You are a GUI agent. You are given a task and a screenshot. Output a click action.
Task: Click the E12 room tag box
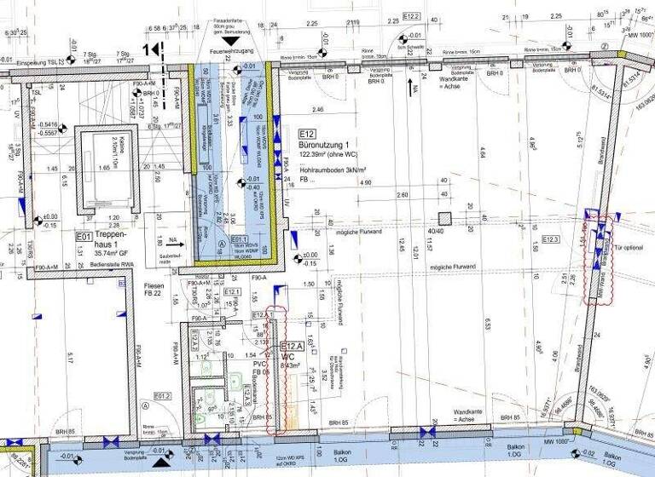pyautogui.click(x=307, y=135)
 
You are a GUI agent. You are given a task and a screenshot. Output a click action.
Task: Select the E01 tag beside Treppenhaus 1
pyautogui.click(x=84, y=237)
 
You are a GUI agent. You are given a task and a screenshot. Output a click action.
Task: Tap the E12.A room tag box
pyautogui.click(x=291, y=347)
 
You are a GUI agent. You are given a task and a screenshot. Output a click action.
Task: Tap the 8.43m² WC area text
pyautogui.click(x=293, y=365)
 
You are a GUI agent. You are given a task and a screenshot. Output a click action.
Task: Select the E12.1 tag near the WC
pyautogui.click(x=232, y=293)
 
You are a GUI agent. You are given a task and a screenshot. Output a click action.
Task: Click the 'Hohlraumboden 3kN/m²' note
pyautogui.click(x=333, y=171)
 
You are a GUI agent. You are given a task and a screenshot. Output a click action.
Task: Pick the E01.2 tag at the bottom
pyautogui.click(x=162, y=396)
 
